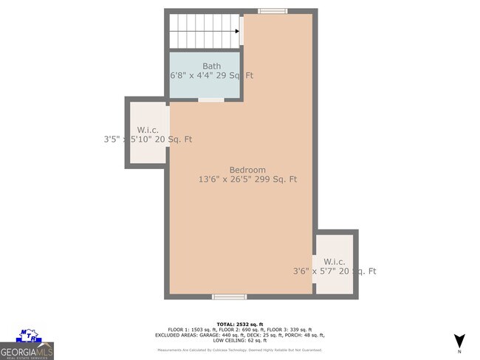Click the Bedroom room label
tap(247, 170)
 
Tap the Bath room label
tap(212, 66)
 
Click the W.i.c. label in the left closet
tap(148, 129)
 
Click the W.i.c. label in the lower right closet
tap(334, 262)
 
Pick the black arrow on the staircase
tap(237, 32)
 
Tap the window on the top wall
tap(273, 11)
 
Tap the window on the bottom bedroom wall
tap(228, 297)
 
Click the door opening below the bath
tap(210, 100)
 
